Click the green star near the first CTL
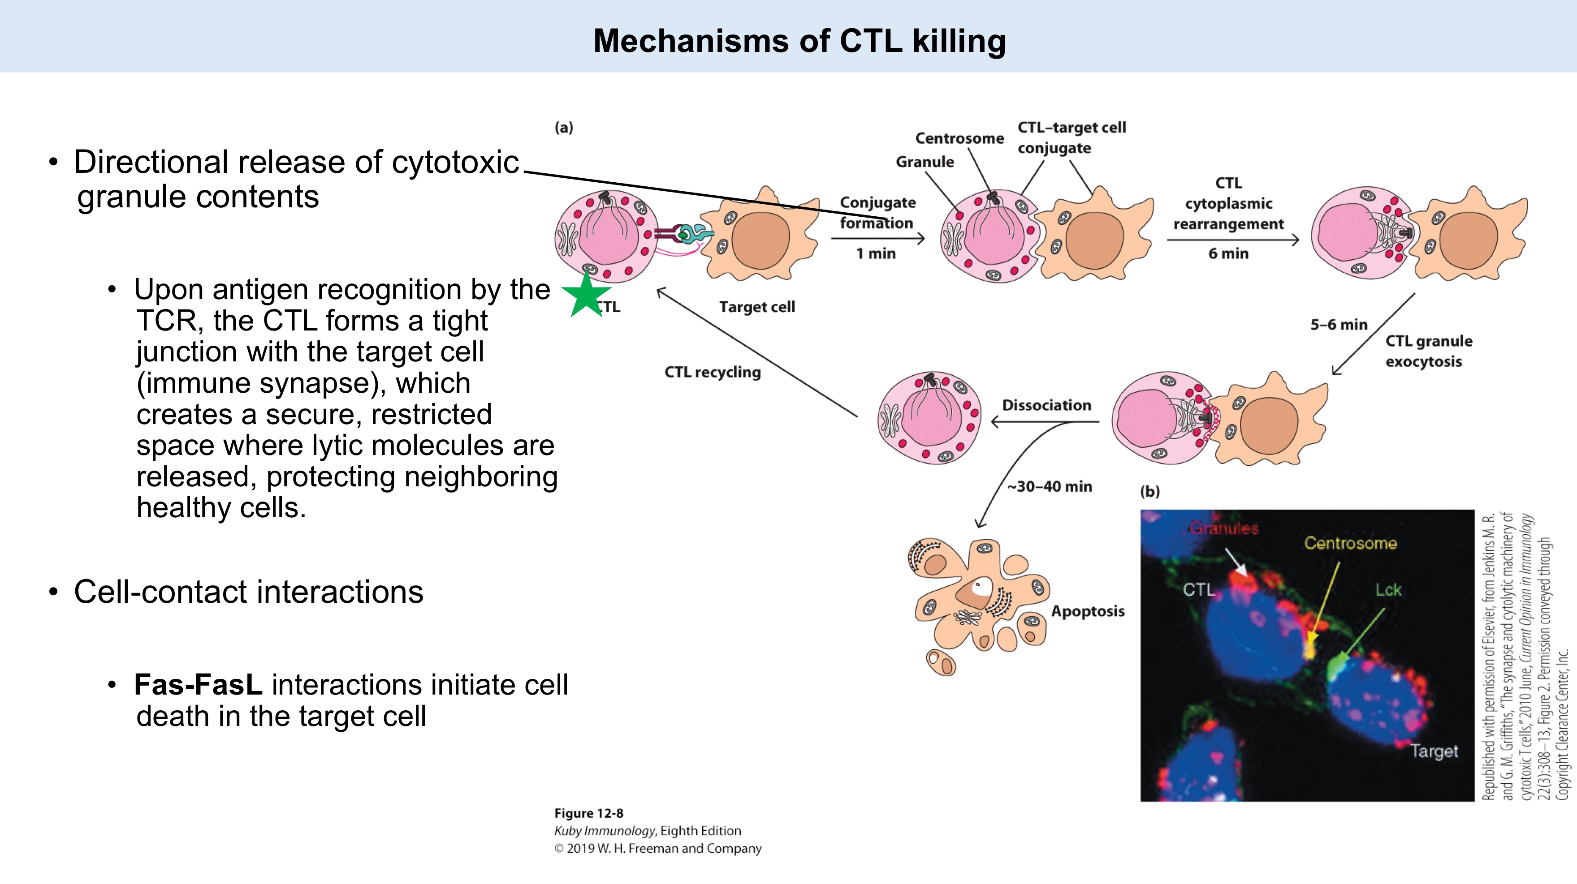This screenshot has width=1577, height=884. pos(586,295)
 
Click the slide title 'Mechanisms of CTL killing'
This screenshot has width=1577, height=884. pos(799,41)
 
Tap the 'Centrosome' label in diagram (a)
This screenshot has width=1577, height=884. pos(959,138)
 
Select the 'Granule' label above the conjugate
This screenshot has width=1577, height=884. pos(925,162)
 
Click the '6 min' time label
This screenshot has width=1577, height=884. pos(1228,253)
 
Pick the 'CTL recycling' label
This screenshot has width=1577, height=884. pos(712,372)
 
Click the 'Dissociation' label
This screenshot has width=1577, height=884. pos(1046,405)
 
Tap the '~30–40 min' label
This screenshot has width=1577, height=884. pos(1049,486)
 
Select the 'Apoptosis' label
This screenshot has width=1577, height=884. pos(1088,611)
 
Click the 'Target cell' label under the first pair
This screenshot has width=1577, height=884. pos(756,307)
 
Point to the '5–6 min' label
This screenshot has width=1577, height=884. pos(1338,325)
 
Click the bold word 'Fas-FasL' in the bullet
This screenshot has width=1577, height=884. pos(198,685)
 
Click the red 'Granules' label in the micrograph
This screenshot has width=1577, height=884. pos(1224,528)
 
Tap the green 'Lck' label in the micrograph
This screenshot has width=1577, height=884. pos(1388,590)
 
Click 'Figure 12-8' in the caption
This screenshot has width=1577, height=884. pos(588,813)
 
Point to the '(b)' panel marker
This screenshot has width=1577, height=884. pos(1149,491)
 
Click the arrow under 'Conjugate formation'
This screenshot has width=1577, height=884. pos(877,239)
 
